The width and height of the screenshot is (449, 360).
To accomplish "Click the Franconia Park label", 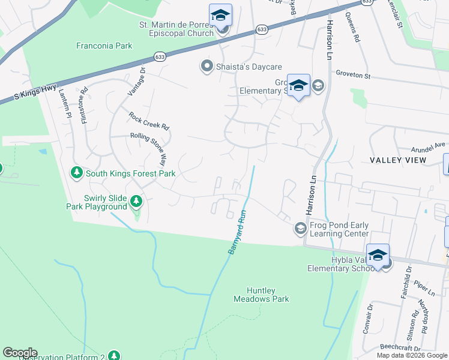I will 104,45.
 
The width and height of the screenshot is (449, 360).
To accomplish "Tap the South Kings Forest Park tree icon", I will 76,173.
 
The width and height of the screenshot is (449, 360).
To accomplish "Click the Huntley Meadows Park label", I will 261,294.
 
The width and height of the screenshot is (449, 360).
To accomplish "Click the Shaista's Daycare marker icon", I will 207,67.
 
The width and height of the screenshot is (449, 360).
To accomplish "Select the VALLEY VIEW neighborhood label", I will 398,160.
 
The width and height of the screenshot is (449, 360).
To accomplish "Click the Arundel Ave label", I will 429,145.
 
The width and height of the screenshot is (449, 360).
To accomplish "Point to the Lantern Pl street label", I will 64,103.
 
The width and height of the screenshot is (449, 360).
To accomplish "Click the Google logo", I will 20,353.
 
